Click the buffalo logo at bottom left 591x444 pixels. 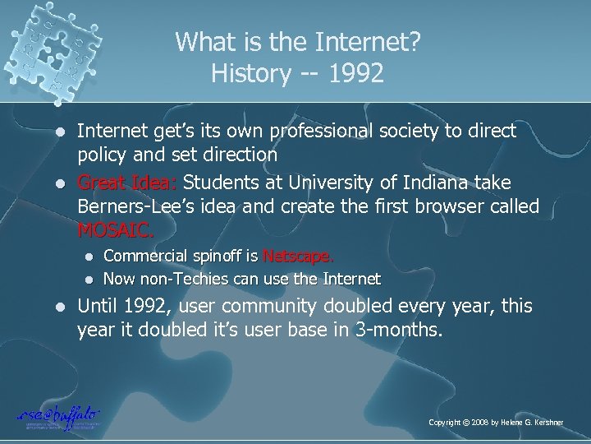(57, 416)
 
